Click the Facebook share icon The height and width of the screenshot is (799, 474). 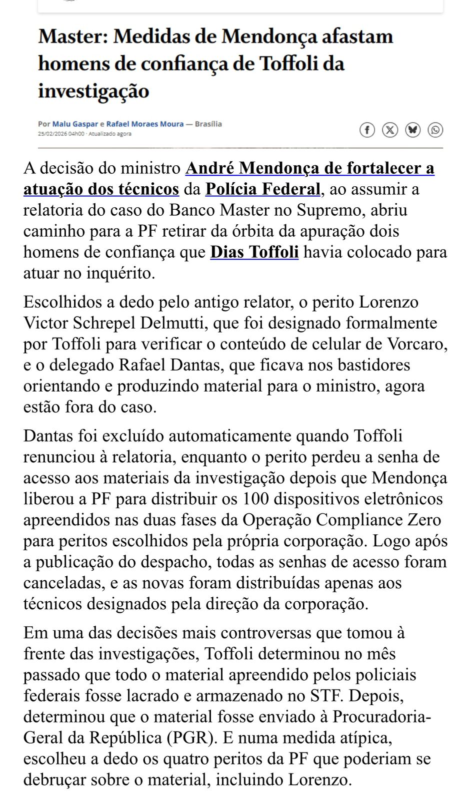[367, 130]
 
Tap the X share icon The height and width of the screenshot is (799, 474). [390, 130]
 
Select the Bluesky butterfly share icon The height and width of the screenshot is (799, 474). [412, 130]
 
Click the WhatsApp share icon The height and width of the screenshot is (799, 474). [435, 130]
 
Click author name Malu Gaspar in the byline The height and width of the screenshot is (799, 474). [75, 124]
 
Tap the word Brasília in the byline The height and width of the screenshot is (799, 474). [208, 124]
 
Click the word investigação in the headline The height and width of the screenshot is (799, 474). [93, 91]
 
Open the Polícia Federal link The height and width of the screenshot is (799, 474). [263, 189]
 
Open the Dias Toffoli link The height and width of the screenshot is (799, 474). [254, 252]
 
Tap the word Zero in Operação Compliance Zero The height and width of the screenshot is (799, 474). [424, 520]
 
